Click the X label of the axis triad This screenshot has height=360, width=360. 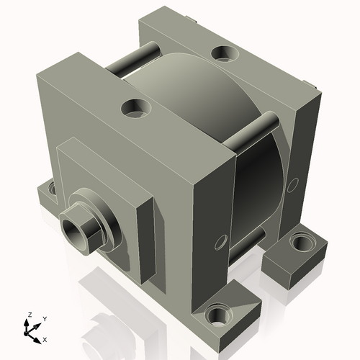(45, 338)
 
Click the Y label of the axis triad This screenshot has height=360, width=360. (44, 318)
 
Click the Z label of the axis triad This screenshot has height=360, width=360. (30, 315)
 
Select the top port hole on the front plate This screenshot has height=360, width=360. (135, 109)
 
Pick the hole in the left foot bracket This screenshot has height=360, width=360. (52, 189)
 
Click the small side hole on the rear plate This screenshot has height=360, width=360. (292, 185)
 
